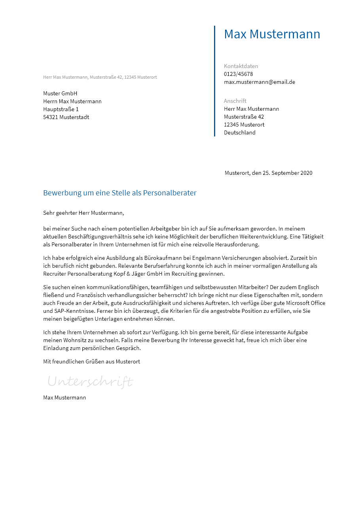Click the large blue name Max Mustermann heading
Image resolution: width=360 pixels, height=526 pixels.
(272, 34)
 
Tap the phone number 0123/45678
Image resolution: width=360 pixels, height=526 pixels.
(238, 74)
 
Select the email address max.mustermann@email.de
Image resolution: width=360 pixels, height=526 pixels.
(260, 82)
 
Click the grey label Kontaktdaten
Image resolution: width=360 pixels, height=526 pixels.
(241, 66)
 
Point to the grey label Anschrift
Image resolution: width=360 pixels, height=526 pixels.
(235, 101)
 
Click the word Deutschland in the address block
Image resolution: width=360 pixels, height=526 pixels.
(240, 132)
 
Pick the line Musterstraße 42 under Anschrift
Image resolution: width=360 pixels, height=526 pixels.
(244, 117)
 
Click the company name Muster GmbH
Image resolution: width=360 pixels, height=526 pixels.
(60, 93)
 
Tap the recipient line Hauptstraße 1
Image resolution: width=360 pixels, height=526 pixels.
(61, 109)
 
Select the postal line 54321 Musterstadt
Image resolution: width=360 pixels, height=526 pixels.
(66, 117)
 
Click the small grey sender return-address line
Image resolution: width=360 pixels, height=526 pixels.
(100, 77)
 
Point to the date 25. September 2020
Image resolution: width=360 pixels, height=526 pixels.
(287, 173)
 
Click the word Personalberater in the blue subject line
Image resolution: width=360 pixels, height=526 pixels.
(170, 193)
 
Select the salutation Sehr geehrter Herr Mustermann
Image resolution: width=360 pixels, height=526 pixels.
(83, 213)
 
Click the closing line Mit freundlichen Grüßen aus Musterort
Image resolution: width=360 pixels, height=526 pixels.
(91, 361)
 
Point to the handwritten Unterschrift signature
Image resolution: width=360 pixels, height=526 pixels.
(90, 382)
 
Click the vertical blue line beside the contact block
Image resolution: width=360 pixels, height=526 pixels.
(214, 81)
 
